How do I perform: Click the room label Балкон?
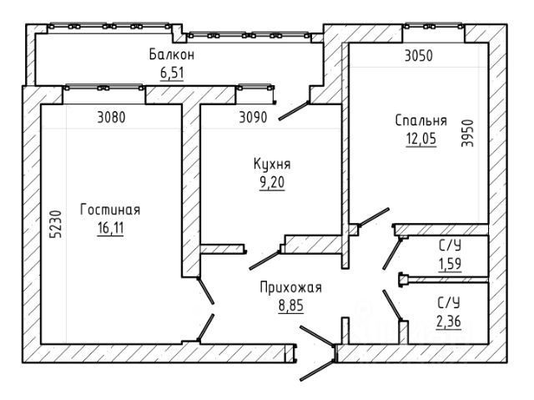(172, 54)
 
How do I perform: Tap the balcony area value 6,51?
(172, 73)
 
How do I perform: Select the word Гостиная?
(110, 210)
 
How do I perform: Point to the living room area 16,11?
(110, 228)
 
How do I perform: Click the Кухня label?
(272, 164)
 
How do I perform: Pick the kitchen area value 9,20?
(272, 182)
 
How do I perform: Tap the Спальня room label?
(421, 120)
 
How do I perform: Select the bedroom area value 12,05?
(421, 139)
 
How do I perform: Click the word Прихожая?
(290, 287)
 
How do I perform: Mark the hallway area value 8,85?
(291, 306)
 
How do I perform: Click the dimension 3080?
(111, 118)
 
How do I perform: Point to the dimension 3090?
(253, 118)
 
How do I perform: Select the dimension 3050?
(419, 56)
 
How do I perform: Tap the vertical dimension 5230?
(56, 224)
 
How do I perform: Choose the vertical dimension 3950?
(467, 133)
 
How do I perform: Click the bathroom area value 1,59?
(450, 264)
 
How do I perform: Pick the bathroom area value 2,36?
(449, 321)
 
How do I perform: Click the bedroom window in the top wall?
(434, 26)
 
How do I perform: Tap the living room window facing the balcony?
(103, 87)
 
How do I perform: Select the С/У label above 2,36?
(449, 302)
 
